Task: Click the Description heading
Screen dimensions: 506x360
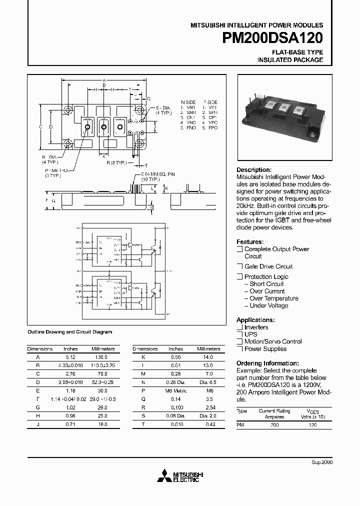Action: pos(254,170)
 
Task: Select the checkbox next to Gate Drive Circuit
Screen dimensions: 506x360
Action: pos(239,266)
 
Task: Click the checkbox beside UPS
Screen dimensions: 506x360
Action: pos(239,334)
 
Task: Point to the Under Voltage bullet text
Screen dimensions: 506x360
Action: pos(269,305)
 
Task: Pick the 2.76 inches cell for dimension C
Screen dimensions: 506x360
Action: pos(70,374)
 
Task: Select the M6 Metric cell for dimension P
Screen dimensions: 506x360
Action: pos(175,390)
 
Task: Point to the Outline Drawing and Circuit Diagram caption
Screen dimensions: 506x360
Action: pos(69,331)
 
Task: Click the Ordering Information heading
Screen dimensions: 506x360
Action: pos(267,363)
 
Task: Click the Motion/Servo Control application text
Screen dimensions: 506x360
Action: pos(273,341)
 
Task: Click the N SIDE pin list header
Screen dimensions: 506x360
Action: pos(188,101)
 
